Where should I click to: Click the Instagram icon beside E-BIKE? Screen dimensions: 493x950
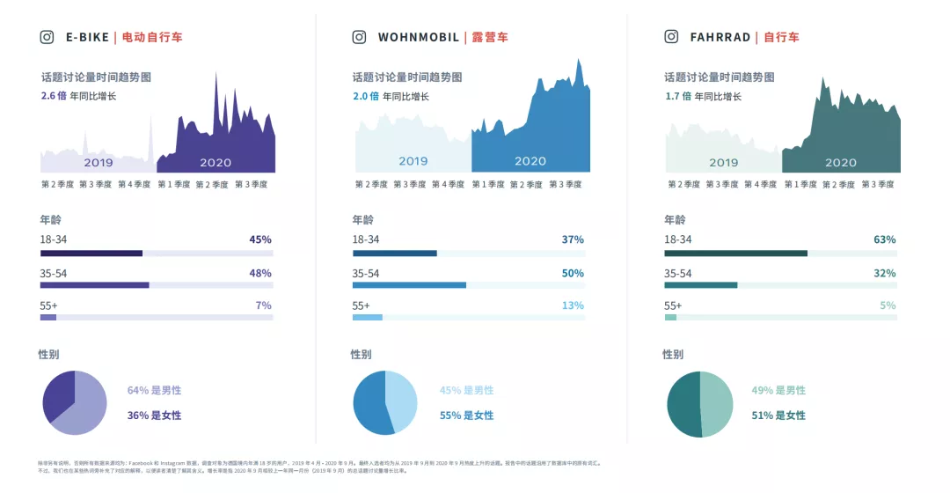click(x=47, y=37)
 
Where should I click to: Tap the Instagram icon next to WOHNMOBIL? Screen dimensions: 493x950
click(x=359, y=37)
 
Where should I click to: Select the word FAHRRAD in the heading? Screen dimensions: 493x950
click(x=720, y=37)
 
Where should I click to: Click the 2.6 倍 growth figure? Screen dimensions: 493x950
click(x=54, y=96)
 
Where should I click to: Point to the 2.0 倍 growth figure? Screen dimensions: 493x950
click(x=365, y=96)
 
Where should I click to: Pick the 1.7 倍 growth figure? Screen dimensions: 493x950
click(x=676, y=96)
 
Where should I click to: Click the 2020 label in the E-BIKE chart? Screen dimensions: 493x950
click(x=216, y=163)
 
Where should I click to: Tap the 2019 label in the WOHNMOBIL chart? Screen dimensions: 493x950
click(x=413, y=161)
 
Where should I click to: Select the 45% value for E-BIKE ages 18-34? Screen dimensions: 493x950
click(x=260, y=239)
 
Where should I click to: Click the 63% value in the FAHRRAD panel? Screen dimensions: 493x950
click(x=884, y=239)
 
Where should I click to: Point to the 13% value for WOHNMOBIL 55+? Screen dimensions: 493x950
click(x=573, y=305)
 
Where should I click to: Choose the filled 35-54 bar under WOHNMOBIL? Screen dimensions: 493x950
click(x=409, y=285)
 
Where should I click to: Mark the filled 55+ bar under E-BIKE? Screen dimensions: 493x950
click(x=48, y=318)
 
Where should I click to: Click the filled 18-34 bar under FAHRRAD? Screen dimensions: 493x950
click(x=735, y=254)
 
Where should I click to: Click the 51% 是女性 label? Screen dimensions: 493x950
click(x=778, y=416)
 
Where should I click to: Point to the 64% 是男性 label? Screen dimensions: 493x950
click(x=154, y=390)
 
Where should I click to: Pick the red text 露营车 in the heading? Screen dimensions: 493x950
click(x=490, y=37)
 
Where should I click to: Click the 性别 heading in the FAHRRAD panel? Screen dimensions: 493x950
click(x=673, y=354)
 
